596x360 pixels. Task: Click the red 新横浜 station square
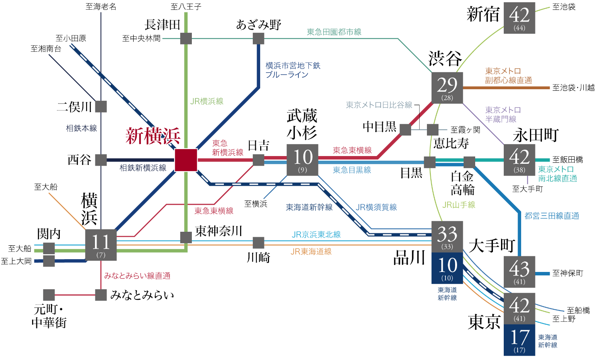pyautogui.click(x=186, y=160)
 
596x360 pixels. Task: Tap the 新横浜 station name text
pyautogui.click(x=153, y=136)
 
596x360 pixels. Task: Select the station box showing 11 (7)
pyautogui.click(x=101, y=245)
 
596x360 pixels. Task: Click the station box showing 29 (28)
pyautogui.click(x=447, y=88)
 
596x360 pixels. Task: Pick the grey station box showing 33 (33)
pyautogui.click(x=447, y=237)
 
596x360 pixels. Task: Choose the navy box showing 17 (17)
pyautogui.click(x=519, y=340)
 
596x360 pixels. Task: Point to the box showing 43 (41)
pyautogui.click(x=519, y=272)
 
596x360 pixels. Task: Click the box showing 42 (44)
pyautogui.click(x=519, y=18)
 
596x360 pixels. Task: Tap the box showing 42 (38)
pyautogui.click(x=519, y=160)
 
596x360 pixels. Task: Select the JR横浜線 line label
pyautogui.click(x=207, y=101)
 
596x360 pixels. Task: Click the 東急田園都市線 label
pyautogui.click(x=334, y=32)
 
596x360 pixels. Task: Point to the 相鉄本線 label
pyautogui.click(x=81, y=128)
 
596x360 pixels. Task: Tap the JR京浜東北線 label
pyautogui.click(x=316, y=234)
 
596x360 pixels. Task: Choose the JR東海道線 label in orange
pyautogui.click(x=311, y=251)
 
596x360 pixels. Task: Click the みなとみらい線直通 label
pyautogui.click(x=137, y=276)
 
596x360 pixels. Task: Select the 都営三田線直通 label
pyautogui.click(x=552, y=216)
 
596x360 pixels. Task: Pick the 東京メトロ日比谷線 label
pyautogui.click(x=379, y=105)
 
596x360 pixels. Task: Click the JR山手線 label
pyautogui.click(x=459, y=205)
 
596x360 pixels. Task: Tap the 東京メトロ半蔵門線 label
pyautogui.click(x=503, y=115)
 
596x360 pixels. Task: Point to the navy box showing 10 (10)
pyautogui.click(x=447, y=268)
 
